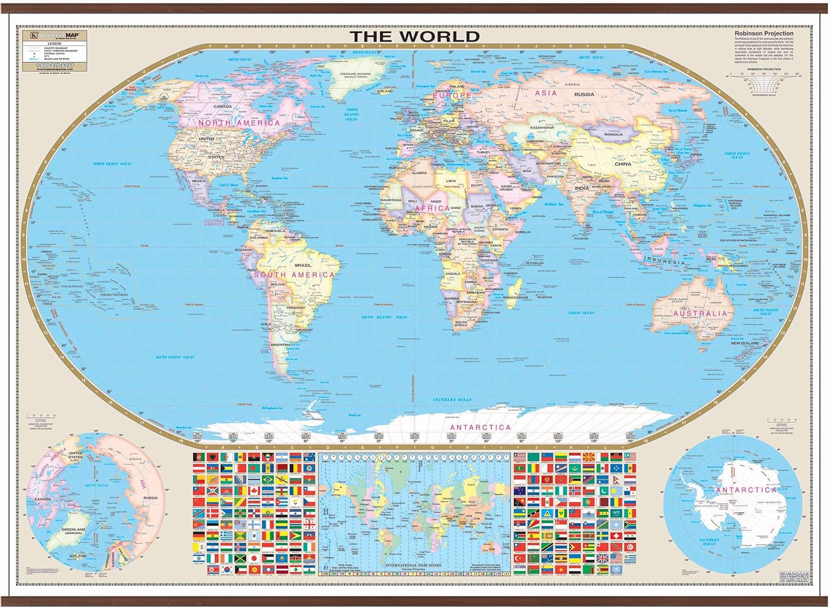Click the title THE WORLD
point(414,36)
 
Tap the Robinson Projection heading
point(764,34)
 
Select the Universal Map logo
point(55,35)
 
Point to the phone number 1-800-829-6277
point(55,65)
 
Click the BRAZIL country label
point(303,265)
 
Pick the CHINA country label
point(622,164)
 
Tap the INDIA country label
point(582,188)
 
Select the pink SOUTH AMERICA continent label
point(294,275)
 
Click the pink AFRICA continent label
point(432,208)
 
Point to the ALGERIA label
point(419,173)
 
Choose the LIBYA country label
point(452,181)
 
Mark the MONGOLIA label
point(614,134)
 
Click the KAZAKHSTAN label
point(542,127)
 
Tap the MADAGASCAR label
point(515,297)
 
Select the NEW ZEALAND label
point(745,343)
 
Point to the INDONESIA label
point(665,261)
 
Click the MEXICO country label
point(198,181)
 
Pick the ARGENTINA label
point(280,344)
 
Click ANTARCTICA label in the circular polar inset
point(746,490)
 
